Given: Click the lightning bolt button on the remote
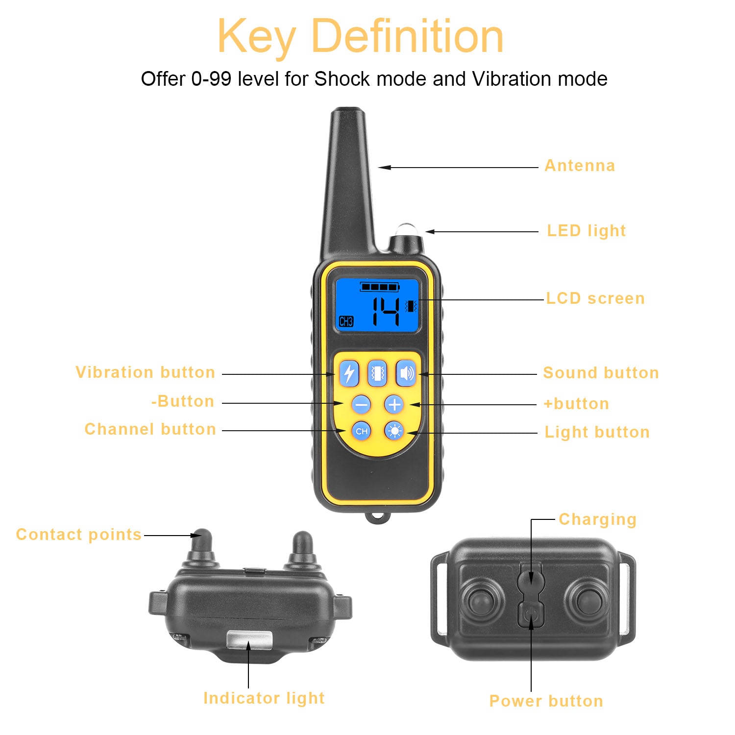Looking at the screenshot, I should point(349,373).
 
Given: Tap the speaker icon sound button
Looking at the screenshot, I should point(406,373).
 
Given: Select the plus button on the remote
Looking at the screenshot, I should point(394,405).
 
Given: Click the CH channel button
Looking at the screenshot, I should point(362,431).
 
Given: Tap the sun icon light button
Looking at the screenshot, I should point(394,431).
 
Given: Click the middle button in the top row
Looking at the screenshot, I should point(377,373).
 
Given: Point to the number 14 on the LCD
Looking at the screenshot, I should point(386,312).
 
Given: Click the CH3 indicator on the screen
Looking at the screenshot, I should point(346,321).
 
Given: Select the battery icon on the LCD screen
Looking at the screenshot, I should point(380,287).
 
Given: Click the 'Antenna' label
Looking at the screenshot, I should point(580,166).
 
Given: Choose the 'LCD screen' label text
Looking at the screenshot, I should point(595,298).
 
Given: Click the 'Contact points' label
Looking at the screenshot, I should point(79,534).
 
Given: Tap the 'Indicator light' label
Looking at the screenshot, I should point(264,698).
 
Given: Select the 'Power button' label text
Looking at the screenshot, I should point(546,701).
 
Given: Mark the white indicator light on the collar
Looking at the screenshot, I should point(249,639).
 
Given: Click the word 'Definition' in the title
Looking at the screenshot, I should point(407,36).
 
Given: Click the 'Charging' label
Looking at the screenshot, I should point(597,519).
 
